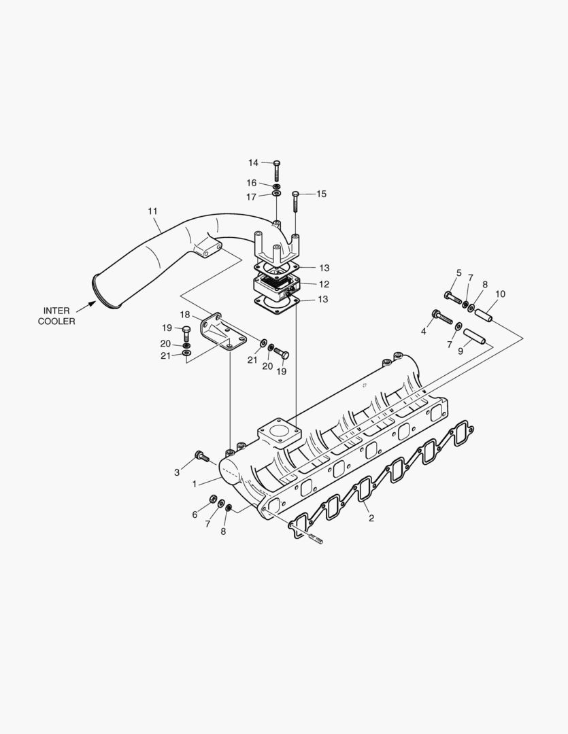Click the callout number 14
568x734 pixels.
coord(253,162)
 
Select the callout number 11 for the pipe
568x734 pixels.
coord(152,211)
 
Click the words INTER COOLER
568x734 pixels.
coord(56,316)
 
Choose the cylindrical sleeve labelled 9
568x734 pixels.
coord(476,336)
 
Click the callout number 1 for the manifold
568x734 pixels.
coord(195,484)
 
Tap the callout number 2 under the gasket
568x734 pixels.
coord(371,518)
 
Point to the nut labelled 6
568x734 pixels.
coord(213,500)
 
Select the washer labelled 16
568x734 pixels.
coord(276,186)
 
